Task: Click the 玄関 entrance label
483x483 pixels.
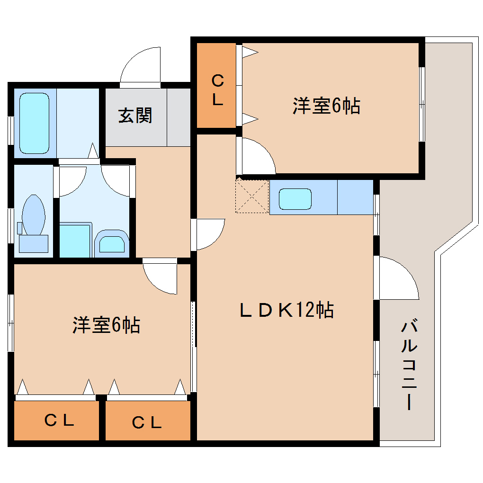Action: coord(135,116)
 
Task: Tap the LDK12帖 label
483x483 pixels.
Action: coord(286,310)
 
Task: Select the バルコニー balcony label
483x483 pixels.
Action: coord(409,366)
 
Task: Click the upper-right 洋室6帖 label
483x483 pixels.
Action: coord(326,106)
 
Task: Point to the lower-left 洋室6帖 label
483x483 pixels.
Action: coord(106,325)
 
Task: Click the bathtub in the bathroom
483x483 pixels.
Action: coord(34,123)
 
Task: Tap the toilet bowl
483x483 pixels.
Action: coord(34,215)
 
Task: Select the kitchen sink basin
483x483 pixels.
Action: coord(295,199)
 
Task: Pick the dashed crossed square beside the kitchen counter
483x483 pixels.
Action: coord(252,197)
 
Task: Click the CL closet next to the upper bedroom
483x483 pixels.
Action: coord(216,85)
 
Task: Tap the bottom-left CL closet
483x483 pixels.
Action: coord(57,420)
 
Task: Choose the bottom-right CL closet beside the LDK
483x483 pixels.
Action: coord(148,420)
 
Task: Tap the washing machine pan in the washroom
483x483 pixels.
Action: coord(75,241)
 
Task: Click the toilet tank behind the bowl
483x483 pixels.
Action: coord(34,244)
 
